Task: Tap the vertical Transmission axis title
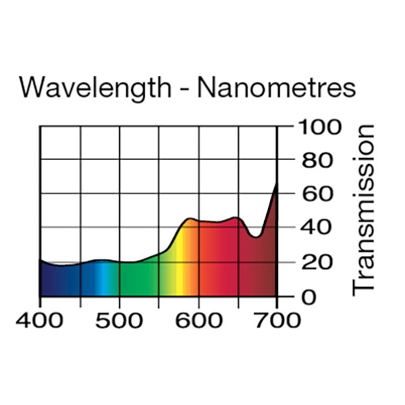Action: [x=364, y=209]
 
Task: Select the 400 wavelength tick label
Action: [x=40, y=319]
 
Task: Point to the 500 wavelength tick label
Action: [x=119, y=319]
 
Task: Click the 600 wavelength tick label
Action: [x=198, y=319]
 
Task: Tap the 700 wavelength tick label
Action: [x=277, y=319]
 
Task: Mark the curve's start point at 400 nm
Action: [x=40, y=260]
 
